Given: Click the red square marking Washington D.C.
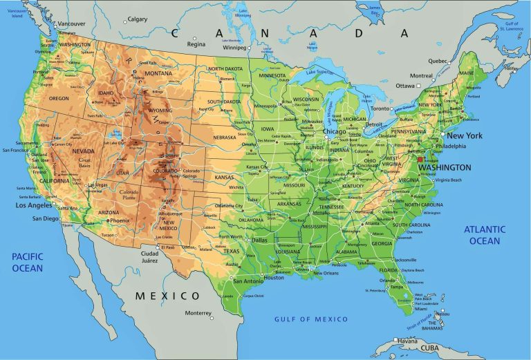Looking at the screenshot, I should coord(420,159).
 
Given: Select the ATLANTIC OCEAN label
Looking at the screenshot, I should coord(484,235).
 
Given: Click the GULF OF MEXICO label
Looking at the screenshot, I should coord(310,319).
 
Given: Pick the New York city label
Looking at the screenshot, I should coord(465,135).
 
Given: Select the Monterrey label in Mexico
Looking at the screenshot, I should coord(197,312).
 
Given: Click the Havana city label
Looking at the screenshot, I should coord(407,341).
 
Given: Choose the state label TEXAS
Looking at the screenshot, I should coord(231,252).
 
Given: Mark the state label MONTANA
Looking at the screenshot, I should coord(158,73).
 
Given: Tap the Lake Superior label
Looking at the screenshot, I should coord(319,71).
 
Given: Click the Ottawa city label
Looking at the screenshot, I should coord(405,86).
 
